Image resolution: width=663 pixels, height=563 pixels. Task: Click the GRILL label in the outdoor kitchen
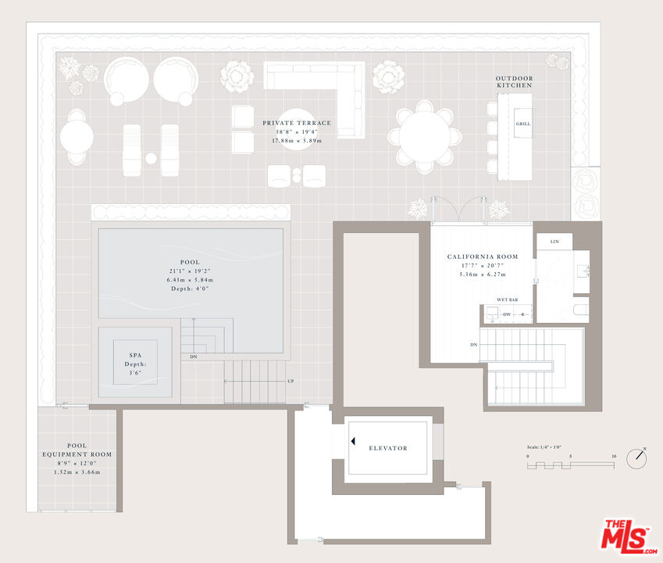coord(522,124)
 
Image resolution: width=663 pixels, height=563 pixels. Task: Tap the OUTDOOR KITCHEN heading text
coord(514,81)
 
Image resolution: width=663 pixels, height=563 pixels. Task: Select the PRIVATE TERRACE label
coord(297,123)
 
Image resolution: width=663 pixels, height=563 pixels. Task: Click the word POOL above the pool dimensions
coord(190,262)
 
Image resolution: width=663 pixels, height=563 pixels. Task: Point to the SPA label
coord(135,355)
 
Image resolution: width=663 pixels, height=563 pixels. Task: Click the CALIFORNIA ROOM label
coord(482,256)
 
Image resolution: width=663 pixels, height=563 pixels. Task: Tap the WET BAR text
coord(508,299)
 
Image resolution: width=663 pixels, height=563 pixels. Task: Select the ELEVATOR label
coord(388,448)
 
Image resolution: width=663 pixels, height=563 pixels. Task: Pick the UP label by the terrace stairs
coord(291,381)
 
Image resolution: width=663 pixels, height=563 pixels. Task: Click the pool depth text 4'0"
coord(190,289)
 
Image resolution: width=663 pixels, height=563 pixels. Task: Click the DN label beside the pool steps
coord(194,357)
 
